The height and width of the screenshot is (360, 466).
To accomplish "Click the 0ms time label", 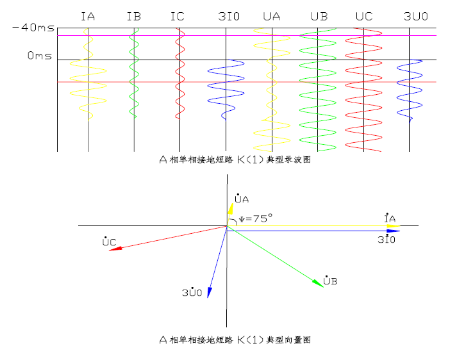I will pos(39,56).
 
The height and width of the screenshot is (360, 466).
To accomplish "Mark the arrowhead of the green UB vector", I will pos(318,284).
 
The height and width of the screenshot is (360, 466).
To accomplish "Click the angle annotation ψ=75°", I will pos(256,218).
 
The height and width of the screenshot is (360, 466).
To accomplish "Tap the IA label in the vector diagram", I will pos(389,218).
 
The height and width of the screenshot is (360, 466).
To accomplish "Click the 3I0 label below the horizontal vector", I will pos(385,239).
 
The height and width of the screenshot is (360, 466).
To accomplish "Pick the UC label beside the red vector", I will pos(109,241).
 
